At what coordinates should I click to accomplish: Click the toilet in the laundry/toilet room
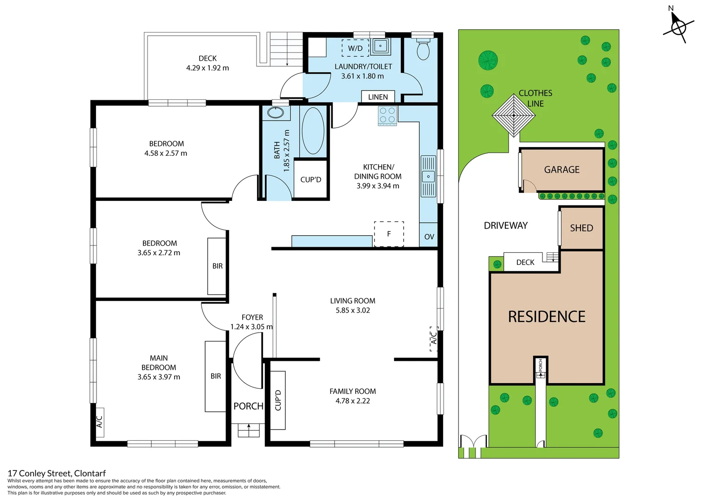click(x=423, y=49)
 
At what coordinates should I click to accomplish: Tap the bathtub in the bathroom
click(x=313, y=131)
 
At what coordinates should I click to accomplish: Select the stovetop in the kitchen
click(x=387, y=116)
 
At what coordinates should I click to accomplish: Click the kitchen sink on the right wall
click(x=428, y=176)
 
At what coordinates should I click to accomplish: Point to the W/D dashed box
click(x=355, y=48)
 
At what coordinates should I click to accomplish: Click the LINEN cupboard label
click(x=378, y=97)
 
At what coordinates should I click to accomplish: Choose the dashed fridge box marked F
click(x=389, y=234)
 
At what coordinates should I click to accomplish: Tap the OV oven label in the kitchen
click(x=429, y=237)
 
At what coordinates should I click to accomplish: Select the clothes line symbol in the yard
click(x=514, y=115)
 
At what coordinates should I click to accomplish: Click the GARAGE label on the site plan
click(x=561, y=170)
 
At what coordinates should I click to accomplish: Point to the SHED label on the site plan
click(x=581, y=228)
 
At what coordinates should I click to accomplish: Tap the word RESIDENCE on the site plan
click(x=547, y=317)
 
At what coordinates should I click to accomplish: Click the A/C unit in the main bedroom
click(x=99, y=422)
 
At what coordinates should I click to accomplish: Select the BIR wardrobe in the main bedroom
click(x=215, y=376)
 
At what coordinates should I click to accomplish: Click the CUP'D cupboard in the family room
click(x=278, y=400)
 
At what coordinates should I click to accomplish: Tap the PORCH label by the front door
click(x=248, y=406)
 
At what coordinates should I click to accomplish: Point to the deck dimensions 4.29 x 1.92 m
click(x=207, y=68)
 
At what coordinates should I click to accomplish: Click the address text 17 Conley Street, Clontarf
click(x=57, y=473)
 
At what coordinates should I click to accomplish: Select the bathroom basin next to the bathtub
click(x=276, y=113)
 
